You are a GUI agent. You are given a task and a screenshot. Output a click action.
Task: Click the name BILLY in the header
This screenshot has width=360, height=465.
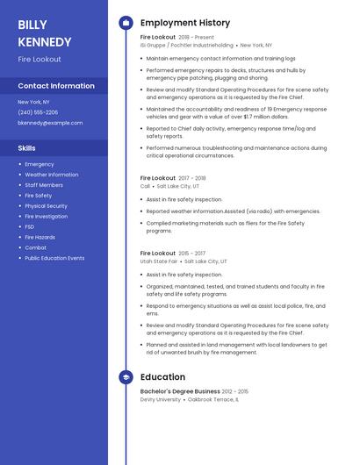32,25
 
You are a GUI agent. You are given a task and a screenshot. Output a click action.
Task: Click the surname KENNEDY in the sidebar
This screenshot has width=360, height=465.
45,41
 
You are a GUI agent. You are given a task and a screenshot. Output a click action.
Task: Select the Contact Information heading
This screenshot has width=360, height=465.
56,86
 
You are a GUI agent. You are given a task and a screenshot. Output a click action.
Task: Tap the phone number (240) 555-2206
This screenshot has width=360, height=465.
38,112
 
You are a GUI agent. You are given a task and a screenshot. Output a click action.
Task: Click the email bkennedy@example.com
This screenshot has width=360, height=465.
50,123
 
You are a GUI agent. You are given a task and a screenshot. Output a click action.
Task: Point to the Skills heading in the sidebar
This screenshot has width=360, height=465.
26,148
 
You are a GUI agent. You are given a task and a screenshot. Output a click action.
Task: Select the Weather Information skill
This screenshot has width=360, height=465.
52,175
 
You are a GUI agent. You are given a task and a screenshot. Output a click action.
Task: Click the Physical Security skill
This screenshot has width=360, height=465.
46,206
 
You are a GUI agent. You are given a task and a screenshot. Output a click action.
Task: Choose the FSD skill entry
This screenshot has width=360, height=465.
30,226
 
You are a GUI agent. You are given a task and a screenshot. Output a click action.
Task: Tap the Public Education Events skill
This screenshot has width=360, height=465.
54,258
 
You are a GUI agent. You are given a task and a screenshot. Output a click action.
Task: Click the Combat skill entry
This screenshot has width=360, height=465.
35,247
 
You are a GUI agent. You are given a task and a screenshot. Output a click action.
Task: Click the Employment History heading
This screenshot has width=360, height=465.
185,23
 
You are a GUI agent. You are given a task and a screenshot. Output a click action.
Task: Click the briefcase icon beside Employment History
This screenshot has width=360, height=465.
126,23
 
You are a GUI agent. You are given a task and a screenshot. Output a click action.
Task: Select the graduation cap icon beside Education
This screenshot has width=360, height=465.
126,377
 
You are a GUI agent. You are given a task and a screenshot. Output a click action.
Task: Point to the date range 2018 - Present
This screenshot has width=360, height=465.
196,38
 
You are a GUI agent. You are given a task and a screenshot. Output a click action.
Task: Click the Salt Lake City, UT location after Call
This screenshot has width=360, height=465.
177,186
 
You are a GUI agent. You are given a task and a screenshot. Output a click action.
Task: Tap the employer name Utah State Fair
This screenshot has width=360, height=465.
159,261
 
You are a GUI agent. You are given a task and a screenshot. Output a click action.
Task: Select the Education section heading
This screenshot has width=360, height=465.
162,377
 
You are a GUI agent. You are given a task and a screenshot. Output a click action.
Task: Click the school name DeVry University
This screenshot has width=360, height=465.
159,399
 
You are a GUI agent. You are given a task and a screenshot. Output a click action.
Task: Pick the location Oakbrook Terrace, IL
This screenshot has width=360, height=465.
212,399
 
